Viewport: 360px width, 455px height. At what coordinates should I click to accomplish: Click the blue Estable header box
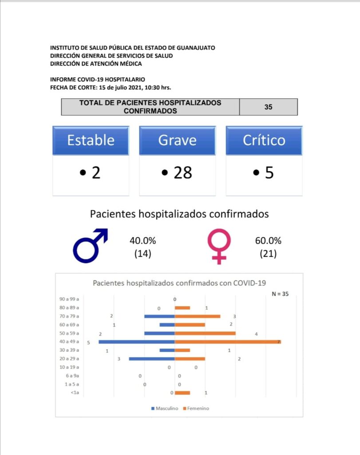[91, 140]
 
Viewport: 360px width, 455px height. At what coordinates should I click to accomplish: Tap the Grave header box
[177, 140]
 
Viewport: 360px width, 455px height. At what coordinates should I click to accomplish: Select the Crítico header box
[264, 140]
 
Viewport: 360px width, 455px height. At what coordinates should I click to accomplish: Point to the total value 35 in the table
[268, 107]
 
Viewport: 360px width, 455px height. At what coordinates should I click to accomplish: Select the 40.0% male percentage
[142, 241]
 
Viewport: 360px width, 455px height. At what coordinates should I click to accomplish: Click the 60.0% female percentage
[268, 241]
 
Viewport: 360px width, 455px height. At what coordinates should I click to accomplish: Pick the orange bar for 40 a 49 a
[228, 342]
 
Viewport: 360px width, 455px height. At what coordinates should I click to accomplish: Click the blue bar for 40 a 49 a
[137, 342]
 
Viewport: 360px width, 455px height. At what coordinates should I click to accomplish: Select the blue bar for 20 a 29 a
[152, 359]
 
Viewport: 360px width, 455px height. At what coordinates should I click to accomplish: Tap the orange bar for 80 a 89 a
[182, 307]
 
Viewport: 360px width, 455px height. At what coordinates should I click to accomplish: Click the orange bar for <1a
[182, 393]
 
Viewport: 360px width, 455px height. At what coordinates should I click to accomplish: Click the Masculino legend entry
[165, 408]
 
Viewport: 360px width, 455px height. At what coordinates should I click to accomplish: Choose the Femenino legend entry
[196, 408]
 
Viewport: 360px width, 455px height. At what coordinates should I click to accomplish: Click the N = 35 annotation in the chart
[280, 294]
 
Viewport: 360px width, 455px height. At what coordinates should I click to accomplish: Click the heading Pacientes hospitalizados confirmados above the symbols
[179, 214]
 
